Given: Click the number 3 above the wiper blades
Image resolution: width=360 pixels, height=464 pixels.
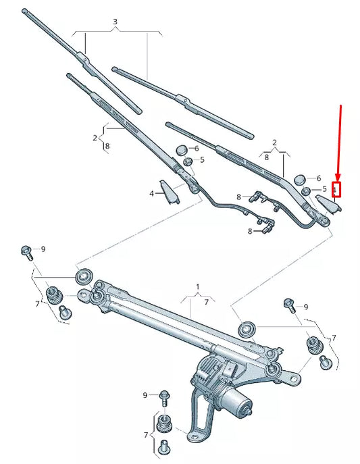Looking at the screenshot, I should [115, 22].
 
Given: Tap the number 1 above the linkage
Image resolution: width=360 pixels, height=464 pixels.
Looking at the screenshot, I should [198, 287].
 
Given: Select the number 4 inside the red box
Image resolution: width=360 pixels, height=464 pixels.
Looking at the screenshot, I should [334, 190].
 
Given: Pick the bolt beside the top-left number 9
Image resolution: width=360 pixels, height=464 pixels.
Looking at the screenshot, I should [26, 252].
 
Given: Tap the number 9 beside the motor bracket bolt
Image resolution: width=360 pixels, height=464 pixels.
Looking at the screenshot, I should [145, 394].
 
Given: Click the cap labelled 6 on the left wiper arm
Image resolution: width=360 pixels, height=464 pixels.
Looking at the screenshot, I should [182, 149].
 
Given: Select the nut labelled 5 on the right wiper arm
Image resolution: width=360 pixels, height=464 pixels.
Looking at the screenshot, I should [305, 192].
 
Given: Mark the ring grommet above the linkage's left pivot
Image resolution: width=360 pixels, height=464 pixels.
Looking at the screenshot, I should [85, 276].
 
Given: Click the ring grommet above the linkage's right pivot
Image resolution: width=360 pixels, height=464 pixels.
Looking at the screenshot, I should [247, 330].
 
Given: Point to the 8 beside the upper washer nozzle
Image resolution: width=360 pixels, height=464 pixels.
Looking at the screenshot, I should [238, 197].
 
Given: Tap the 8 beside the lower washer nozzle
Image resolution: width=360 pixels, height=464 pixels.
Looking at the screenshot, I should [249, 231].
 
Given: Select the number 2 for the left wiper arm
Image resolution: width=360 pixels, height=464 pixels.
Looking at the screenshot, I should [95, 138].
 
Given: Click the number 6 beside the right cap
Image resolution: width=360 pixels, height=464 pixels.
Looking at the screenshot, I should [319, 178].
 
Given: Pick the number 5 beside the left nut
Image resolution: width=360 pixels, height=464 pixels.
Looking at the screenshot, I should [201, 160].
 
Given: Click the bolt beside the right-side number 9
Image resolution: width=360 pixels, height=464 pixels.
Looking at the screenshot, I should [289, 303].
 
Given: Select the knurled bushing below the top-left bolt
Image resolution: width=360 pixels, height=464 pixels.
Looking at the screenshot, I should [53, 295].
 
